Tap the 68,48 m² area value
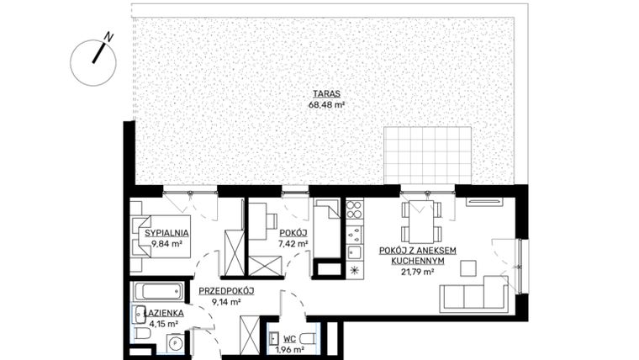click(x=327, y=106)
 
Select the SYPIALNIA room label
click(x=166, y=233)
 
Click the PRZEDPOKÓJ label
click(x=226, y=292)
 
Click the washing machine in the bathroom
click(x=174, y=343)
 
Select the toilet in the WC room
click(x=307, y=339)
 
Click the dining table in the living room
click(x=419, y=220)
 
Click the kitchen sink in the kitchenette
click(x=355, y=251)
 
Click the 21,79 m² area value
click(x=418, y=272)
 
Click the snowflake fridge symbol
click(x=354, y=270)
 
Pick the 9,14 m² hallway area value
click(x=226, y=302)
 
